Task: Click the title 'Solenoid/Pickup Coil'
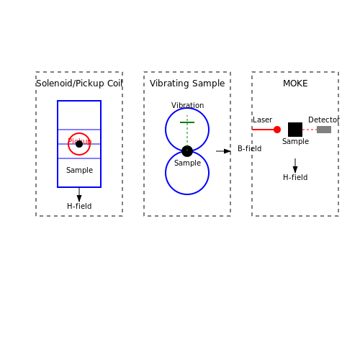[79, 84]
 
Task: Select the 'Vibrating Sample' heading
[187, 84]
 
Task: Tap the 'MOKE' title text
[295, 84]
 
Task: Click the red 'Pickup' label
[79, 141]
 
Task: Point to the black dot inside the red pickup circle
[79, 144]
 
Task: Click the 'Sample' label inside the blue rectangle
[79, 170]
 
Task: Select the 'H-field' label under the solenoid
[79, 206]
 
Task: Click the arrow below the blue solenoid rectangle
[79, 194]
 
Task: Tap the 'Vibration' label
[187, 105]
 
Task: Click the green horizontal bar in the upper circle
[187, 122]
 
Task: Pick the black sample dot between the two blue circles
[187, 151]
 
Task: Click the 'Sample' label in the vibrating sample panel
[187, 163]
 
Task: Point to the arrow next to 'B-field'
[223, 151]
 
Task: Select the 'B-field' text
[250, 148]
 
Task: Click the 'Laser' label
[262, 120]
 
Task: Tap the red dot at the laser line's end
[277, 130]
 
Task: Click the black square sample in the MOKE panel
[295, 130]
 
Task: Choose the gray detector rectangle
[324, 130]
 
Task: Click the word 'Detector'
[324, 120]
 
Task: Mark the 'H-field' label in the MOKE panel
[295, 177]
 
